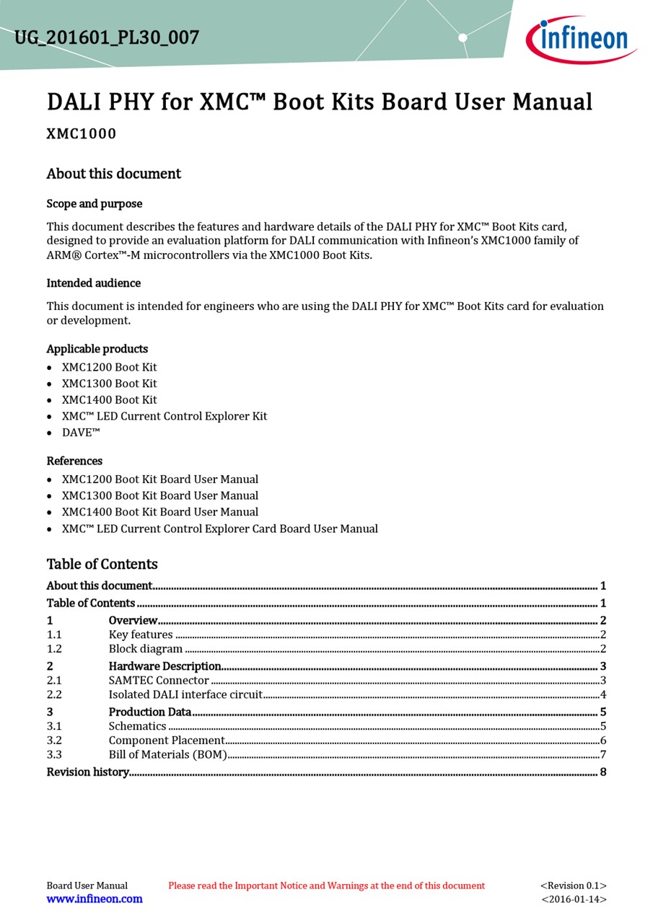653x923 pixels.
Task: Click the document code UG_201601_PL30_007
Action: click(107, 37)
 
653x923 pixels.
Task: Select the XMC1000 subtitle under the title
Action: click(82, 134)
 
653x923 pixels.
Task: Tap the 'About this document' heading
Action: click(114, 174)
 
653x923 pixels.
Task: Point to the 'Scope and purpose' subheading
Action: click(95, 204)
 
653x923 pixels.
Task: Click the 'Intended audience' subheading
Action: click(94, 283)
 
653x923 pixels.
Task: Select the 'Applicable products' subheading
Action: click(97, 349)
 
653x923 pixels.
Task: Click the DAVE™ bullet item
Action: click(81, 433)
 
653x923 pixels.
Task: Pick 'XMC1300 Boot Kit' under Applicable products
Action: click(109, 384)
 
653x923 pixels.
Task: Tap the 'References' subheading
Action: click(74, 461)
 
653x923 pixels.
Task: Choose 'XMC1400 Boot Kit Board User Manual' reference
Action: click(159, 512)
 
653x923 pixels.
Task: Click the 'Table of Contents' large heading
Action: click(102, 564)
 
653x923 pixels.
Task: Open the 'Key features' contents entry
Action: click(141, 635)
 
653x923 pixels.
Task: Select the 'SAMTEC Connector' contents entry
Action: click(159, 681)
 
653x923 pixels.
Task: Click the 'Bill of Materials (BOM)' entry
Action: click(168, 755)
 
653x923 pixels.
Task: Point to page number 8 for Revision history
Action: click(602, 772)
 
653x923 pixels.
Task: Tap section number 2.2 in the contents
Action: click(54, 695)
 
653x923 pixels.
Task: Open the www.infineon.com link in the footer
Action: click(95, 899)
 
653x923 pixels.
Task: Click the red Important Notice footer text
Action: click(326, 886)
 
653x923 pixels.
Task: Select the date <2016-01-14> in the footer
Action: click(574, 899)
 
